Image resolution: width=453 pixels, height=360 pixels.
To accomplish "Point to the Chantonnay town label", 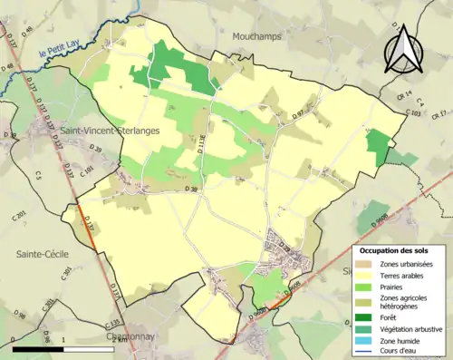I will coord(134,337).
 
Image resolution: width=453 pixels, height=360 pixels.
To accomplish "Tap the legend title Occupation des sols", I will coord(395,249).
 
